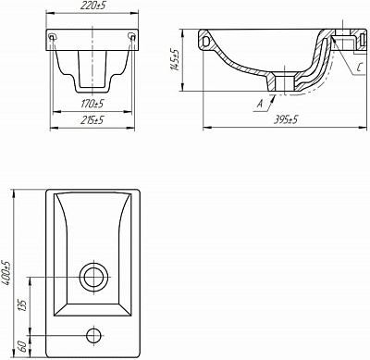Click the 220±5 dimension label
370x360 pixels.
coord(92,6)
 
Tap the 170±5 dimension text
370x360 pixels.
coord(92,104)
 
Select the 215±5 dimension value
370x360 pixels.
coord(92,120)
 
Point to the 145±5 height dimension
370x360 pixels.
coord(175,59)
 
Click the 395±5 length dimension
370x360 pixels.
coord(286,119)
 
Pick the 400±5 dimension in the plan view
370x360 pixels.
coord(6,274)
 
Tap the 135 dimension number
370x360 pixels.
coord(23,305)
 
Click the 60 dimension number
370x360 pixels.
coord(22,347)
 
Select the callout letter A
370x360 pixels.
coord(260,104)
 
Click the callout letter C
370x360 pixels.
coord(359,68)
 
